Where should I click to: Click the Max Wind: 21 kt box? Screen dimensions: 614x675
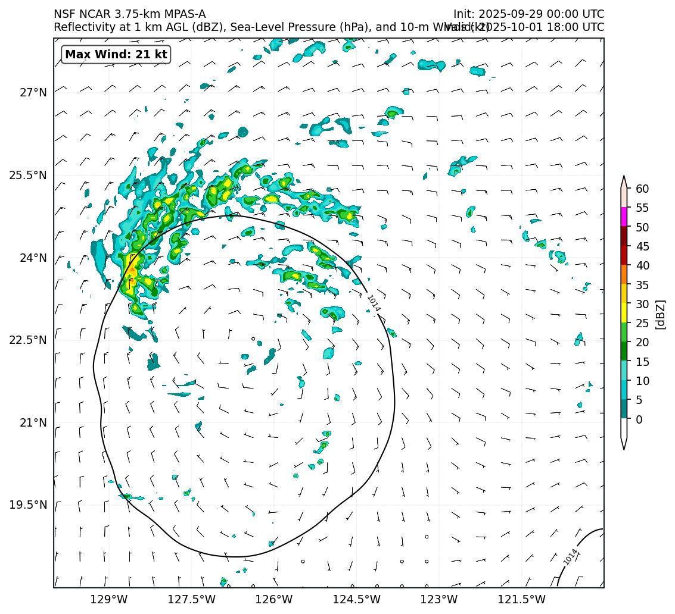coord(116,55)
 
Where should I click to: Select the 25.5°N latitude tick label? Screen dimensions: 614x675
coord(28,176)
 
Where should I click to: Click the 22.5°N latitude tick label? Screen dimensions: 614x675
coord(28,340)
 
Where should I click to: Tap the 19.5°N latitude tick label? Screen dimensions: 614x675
coord(28,505)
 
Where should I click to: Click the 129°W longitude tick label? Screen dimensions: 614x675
coord(109,599)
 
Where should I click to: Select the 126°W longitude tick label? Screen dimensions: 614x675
coord(274,599)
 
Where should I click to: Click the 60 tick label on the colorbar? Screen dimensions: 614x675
coord(642,189)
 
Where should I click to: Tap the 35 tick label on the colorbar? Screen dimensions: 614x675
coord(642,284)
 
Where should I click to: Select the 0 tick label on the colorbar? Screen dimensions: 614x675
coord(639,419)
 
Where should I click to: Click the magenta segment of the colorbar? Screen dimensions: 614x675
coord(624,217)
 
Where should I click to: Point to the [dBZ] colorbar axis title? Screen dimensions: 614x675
coord(660,314)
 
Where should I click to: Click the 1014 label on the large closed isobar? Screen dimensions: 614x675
coord(374,303)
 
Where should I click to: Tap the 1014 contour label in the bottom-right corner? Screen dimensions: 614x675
coord(570,557)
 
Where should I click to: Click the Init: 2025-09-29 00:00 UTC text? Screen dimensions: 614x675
coord(528,14)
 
